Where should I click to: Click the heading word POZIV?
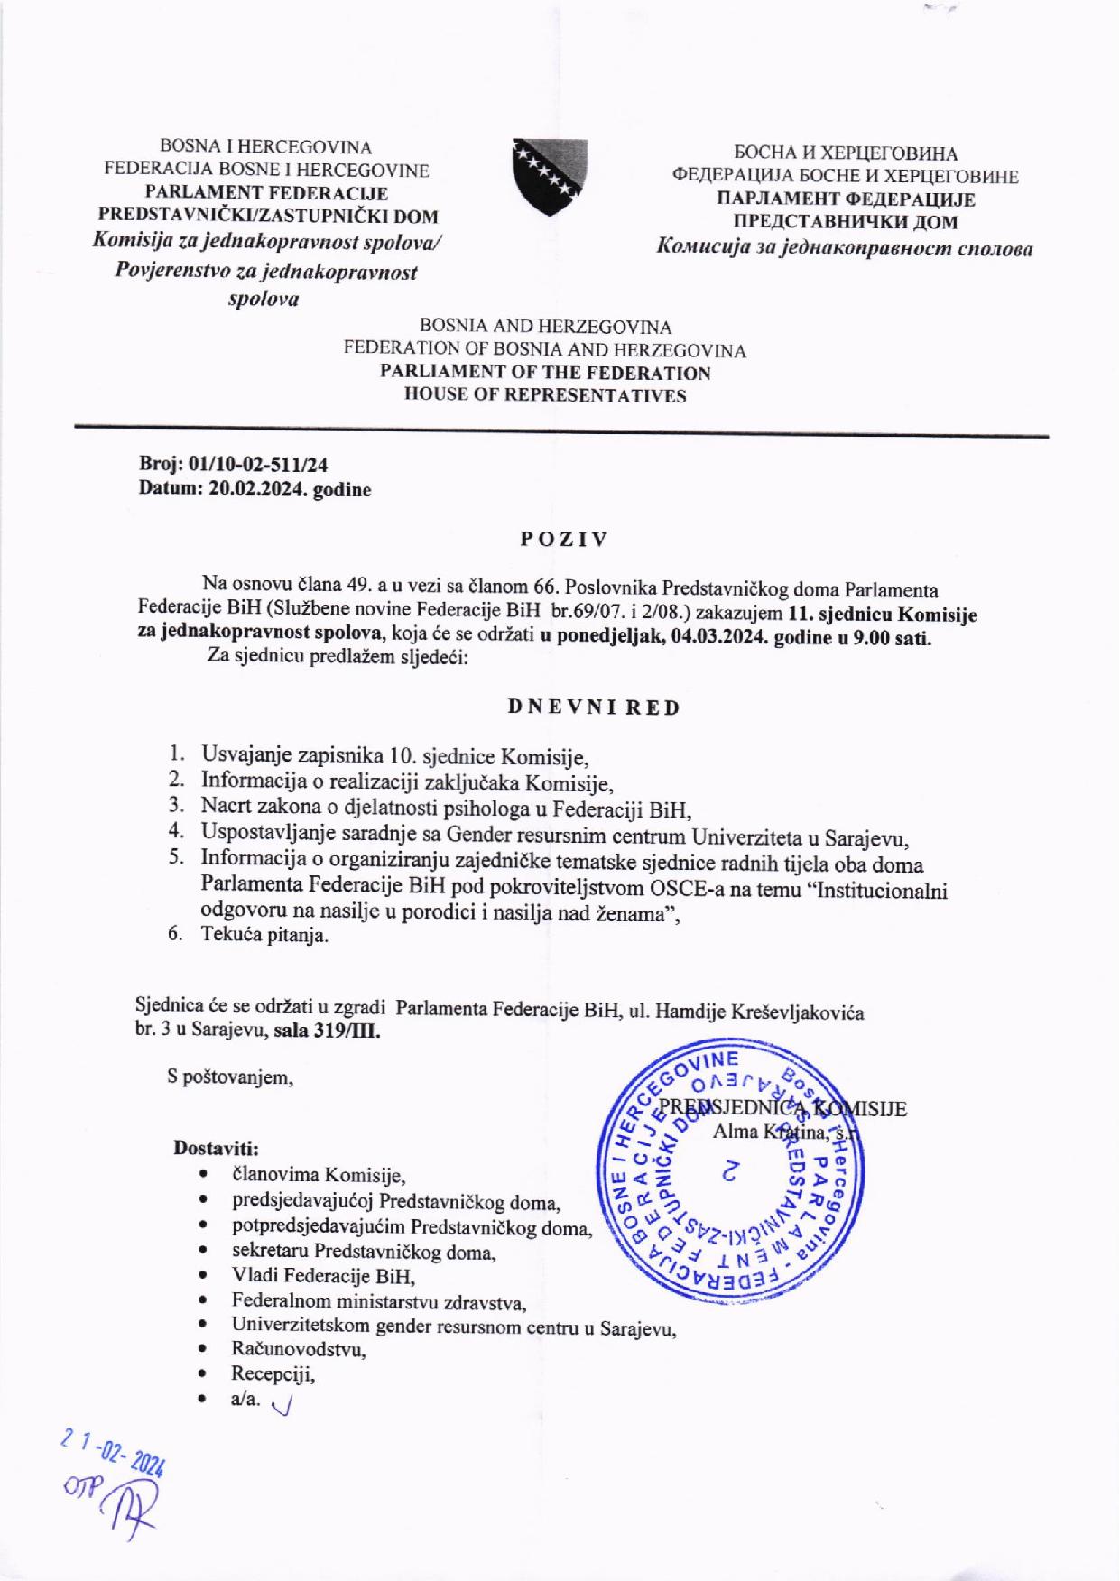click(563, 540)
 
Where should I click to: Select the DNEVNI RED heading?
click(593, 707)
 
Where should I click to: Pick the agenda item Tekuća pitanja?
click(264, 936)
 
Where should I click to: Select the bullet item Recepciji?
click(273, 1373)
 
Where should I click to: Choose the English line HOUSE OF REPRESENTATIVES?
click(545, 394)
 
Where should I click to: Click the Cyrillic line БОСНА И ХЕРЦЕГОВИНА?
click(845, 153)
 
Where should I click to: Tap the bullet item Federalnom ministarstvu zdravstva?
click(379, 1301)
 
